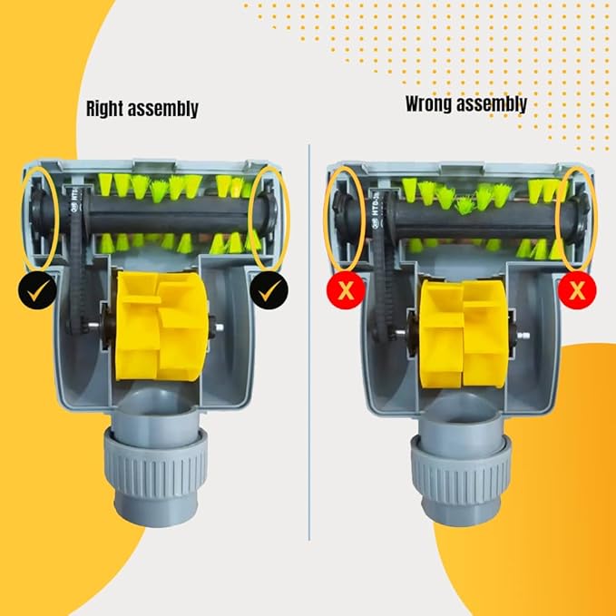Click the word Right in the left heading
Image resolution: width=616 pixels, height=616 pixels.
105,109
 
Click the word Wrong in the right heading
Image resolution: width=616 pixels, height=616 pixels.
428,103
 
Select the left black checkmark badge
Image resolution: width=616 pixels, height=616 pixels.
37,290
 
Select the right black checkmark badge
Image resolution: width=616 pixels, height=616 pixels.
269,290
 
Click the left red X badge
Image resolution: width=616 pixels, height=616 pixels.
346,290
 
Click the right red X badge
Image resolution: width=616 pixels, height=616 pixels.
577,290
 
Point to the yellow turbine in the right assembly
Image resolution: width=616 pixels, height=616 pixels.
161,327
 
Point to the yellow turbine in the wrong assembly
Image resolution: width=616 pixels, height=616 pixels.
464,334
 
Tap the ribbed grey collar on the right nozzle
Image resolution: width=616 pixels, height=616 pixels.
462,466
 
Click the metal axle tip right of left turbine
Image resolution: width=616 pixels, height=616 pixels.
220,327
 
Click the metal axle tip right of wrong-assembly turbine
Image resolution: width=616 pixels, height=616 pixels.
523,336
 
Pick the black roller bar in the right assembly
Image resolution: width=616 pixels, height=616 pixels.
169,214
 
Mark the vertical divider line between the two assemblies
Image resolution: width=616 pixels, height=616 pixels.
309,342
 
